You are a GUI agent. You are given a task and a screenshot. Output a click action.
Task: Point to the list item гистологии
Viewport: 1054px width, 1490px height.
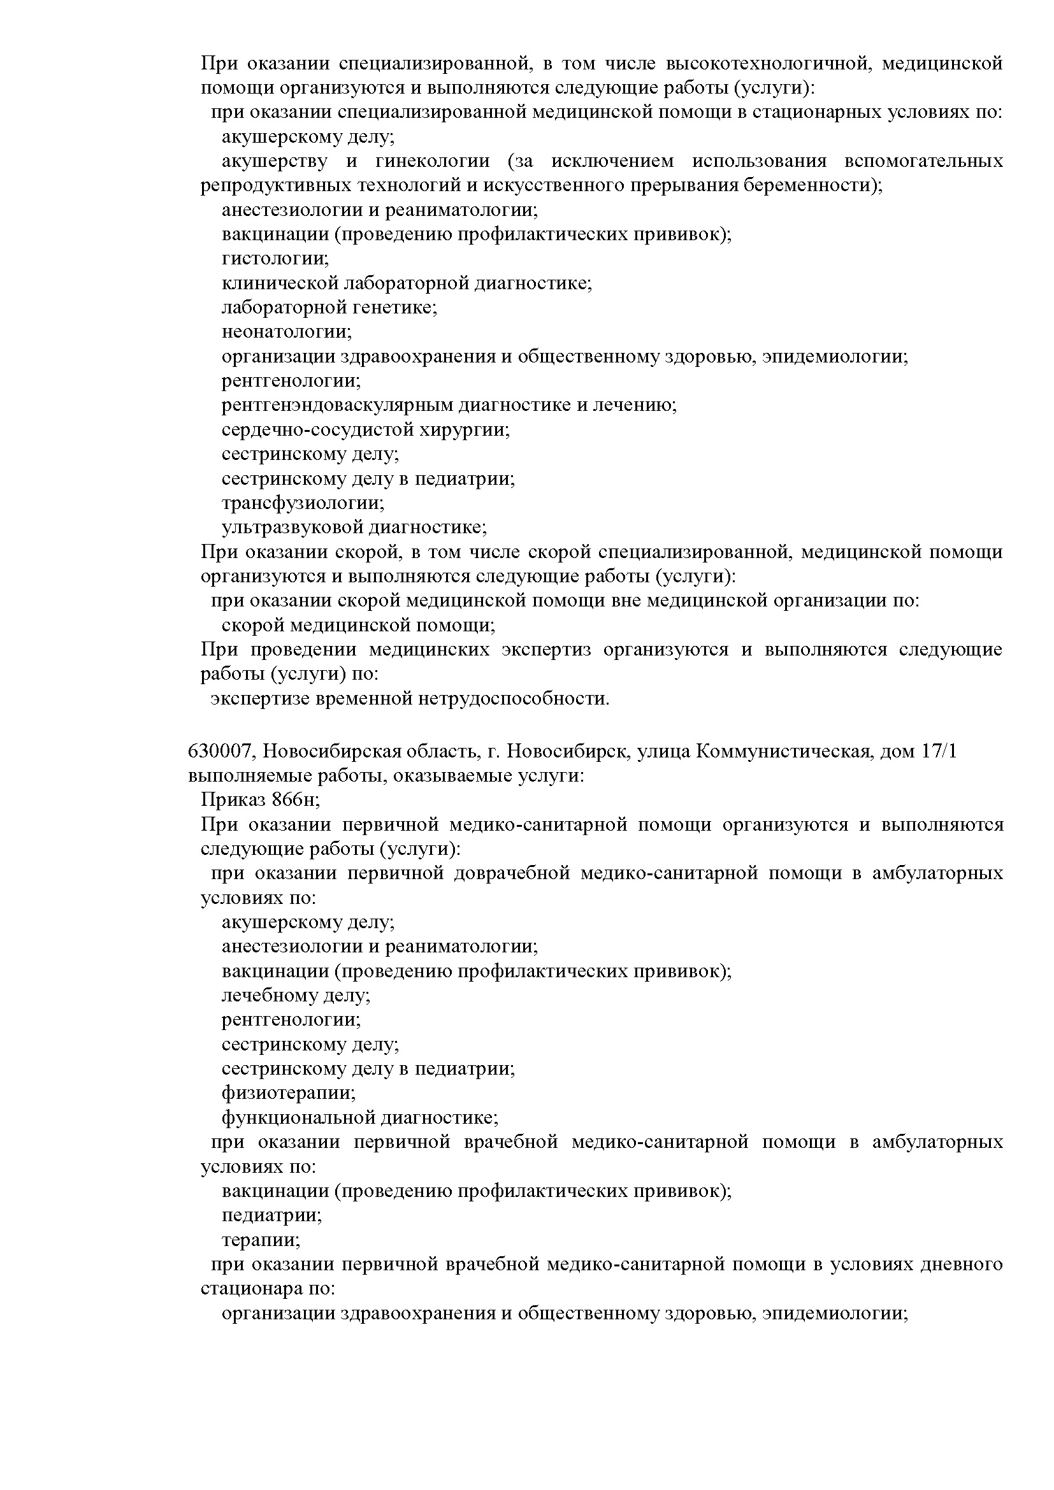(x=275, y=259)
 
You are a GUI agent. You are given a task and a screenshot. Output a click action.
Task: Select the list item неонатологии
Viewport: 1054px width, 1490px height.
(x=286, y=333)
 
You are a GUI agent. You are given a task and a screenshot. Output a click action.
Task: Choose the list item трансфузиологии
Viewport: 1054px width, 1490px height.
(x=303, y=504)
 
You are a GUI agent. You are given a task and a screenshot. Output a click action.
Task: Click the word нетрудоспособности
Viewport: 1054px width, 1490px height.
(x=513, y=699)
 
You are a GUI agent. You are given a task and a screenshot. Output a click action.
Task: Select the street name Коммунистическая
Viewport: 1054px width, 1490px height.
(x=783, y=752)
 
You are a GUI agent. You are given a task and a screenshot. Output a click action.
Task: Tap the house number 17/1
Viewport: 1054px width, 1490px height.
(x=939, y=752)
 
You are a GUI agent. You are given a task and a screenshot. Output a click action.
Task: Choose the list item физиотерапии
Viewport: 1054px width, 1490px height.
(x=289, y=1094)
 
